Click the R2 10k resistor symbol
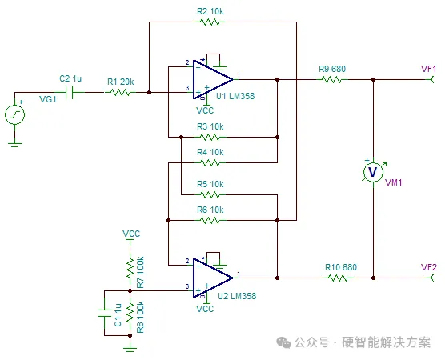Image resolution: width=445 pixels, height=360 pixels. pyautogui.click(x=210, y=22)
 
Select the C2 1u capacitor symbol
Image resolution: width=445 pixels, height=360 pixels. pyautogui.click(x=70, y=92)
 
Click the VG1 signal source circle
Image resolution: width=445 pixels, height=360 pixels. pyautogui.click(x=14, y=114)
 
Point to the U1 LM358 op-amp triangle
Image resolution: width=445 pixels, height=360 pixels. pyautogui.click(x=213, y=79)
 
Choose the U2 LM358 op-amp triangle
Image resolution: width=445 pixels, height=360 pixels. pyautogui.click(x=213, y=278)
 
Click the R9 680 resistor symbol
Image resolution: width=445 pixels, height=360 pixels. pyautogui.click(x=332, y=79)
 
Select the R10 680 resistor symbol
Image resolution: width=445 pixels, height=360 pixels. pyautogui.click(x=339, y=278)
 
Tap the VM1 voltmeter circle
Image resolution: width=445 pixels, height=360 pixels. pyautogui.click(x=373, y=172)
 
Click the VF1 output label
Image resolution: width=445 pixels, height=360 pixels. pyautogui.click(x=428, y=69)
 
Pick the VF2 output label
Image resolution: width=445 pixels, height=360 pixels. pyautogui.click(x=428, y=267)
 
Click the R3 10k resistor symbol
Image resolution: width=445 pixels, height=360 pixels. pyautogui.click(x=210, y=138)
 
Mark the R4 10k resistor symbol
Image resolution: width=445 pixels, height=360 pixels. pyautogui.click(x=210, y=163)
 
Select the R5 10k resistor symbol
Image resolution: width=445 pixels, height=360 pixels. pyautogui.click(x=210, y=195)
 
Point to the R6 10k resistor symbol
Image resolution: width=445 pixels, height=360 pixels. pyautogui.click(x=210, y=221)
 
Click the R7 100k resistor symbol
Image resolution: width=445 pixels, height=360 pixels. pyautogui.click(x=130, y=268)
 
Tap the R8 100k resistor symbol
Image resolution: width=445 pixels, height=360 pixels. pyautogui.click(x=130, y=313)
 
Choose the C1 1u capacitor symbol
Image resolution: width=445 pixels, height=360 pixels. pyautogui.click(x=104, y=313)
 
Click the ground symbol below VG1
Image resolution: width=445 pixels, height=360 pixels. pyautogui.click(x=14, y=146)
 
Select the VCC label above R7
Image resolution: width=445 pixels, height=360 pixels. pyautogui.click(x=131, y=234)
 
